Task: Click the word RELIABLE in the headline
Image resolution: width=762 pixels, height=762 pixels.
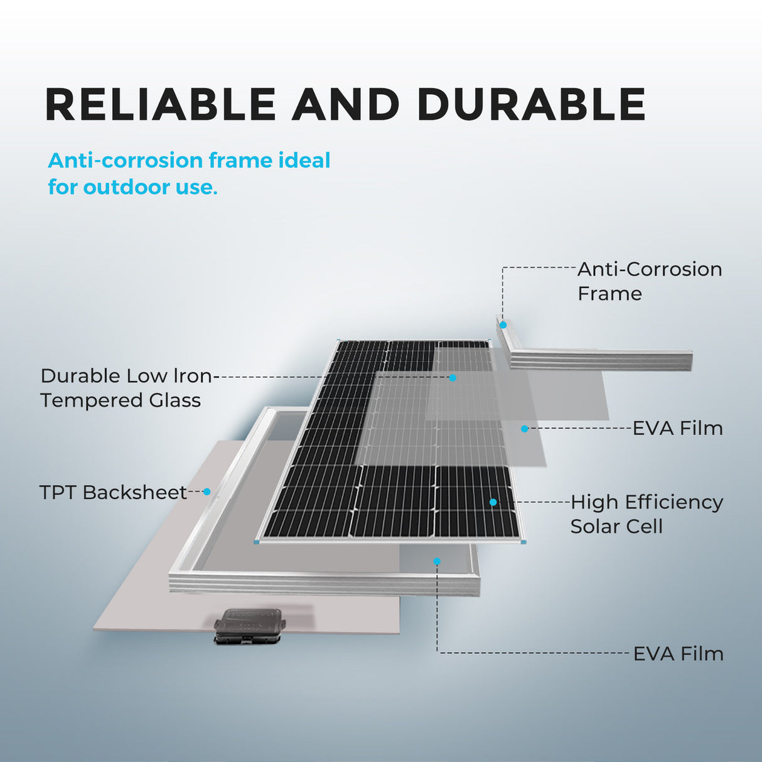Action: coord(161,104)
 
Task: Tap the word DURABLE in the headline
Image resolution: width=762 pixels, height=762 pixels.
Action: coord(531,104)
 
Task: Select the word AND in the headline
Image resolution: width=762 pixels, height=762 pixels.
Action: coord(346,104)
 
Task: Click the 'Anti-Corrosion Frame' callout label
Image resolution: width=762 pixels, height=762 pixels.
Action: coord(649,281)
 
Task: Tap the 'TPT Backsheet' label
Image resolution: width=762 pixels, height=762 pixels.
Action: coord(113,492)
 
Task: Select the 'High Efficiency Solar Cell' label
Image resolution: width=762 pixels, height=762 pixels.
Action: coord(647,514)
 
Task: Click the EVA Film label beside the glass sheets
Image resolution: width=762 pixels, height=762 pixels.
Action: coord(678,429)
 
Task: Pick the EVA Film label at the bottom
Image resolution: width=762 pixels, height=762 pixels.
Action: coord(678,654)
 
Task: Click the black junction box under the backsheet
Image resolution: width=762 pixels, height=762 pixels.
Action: coord(250,625)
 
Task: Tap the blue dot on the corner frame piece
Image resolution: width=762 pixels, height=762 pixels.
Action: coord(503,325)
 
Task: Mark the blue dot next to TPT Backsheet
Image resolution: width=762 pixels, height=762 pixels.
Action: coord(207,492)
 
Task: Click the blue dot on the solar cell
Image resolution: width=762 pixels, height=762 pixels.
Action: coord(493,502)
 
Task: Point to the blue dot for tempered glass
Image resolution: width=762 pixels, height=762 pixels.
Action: coord(453,378)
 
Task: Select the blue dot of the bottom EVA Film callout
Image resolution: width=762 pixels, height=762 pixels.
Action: coord(437,561)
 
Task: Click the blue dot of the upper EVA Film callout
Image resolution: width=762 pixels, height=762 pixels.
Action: coord(525,429)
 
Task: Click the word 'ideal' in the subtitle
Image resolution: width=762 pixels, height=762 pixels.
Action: coord(304,161)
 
